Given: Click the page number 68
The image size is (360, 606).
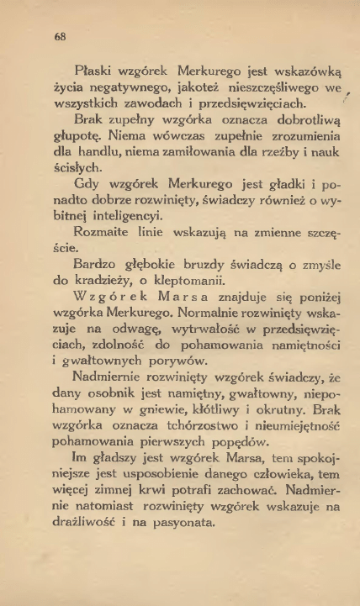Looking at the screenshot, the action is coord(60,36).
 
